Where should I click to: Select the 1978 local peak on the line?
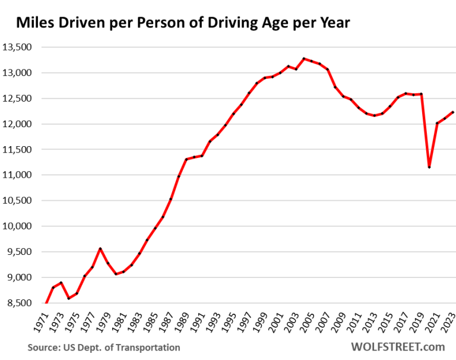click(x=100, y=248)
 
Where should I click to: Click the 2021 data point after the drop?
click(x=436, y=124)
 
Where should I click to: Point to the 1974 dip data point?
click(x=69, y=298)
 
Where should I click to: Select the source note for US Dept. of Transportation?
click(x=104, y=347)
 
